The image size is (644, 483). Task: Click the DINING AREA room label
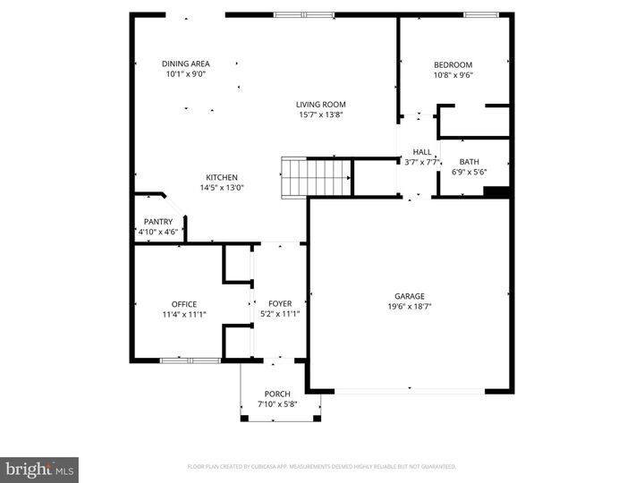[186, 64]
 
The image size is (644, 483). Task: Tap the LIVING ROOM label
[321, 105]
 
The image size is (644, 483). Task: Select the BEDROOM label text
[453, 64]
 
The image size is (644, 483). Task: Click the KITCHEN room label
[222, 177]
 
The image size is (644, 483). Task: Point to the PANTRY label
[158, 222]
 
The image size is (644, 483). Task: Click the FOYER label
[279, 304]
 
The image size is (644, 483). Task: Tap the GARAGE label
[410, 296]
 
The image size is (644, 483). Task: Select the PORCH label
[277, 394]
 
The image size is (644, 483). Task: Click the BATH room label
[470, 162]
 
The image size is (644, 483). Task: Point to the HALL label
[421, 152]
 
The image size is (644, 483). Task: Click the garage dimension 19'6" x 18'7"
[410, 306]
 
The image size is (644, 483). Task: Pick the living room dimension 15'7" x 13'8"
[321, 114]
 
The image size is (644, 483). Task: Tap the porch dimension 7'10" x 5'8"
[277, 404]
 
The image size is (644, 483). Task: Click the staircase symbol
[317, 176]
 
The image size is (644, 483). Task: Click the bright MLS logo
[39, 470]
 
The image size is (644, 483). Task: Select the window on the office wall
[191, 360]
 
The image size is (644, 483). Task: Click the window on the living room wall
[303, 14]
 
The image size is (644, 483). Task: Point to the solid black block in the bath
[496, 191]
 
